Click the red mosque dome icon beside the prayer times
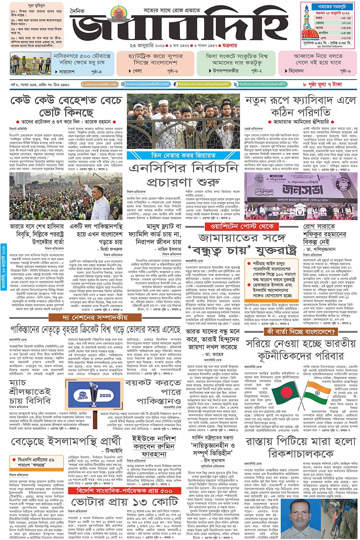click(309, 30)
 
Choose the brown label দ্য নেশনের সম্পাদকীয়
click(90, 317)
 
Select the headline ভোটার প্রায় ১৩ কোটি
click(125, 502)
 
